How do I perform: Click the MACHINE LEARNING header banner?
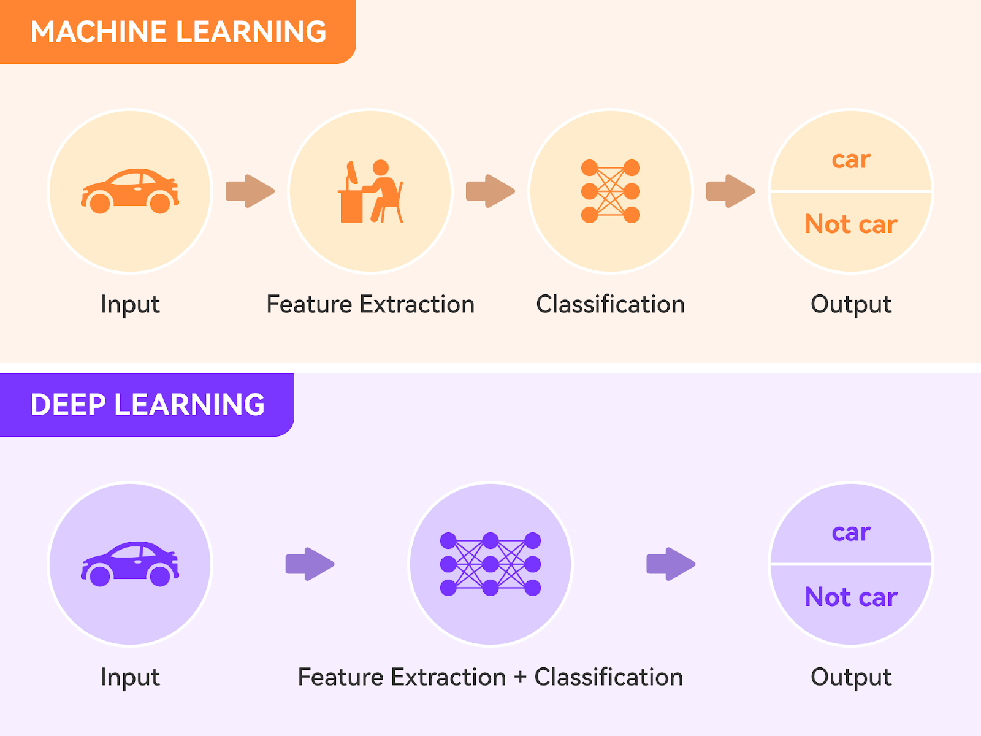click(178, 32)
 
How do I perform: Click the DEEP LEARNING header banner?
click(147, 405)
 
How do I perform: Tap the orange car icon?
click(130, 191)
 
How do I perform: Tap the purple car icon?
click(130, 564)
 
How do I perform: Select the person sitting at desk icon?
click(370, 191)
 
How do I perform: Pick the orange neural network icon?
click(611, 191)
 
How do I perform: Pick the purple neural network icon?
click(490, 564)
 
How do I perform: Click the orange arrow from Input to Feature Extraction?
click(250, 191)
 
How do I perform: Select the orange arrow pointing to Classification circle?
click(490, 191)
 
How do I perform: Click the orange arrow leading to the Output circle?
click(731, 191)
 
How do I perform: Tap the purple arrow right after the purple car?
click(310, 564)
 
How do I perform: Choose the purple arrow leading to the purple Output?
click(671, 564)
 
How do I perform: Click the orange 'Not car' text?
click(851, 224)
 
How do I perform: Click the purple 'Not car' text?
click(851, 597)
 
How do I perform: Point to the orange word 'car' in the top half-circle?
click(851, 160)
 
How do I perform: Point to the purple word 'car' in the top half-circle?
click(851, 533)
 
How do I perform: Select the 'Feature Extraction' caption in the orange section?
click(370, 305)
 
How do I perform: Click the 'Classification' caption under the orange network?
click(611, 305)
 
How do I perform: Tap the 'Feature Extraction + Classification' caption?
click(490, 678)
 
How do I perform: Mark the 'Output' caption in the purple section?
click(851, 678)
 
